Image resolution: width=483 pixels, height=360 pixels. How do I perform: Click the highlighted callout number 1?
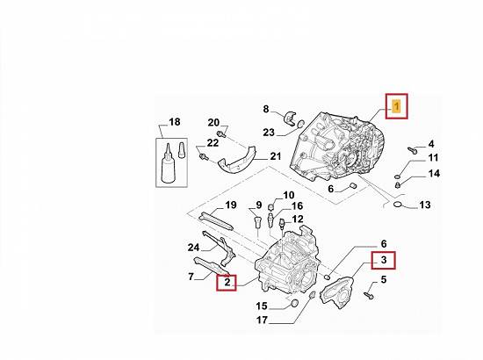coord(396,106)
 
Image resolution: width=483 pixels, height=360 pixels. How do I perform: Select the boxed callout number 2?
coord(227,282)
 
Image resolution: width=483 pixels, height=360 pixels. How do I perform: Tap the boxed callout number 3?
coord(384,260)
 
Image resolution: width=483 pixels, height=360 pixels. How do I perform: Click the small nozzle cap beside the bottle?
coord(182,150)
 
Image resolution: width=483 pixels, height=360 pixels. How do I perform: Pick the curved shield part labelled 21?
coord(237,161)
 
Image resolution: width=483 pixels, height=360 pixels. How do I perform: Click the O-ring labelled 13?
coord(399,205)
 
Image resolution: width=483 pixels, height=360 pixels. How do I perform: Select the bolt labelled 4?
coord(412,150)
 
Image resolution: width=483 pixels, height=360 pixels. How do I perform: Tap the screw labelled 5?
coord(369,296)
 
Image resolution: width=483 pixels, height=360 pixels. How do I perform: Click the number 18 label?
coord(175,122)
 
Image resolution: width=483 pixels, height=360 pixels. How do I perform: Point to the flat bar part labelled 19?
coord(216,221)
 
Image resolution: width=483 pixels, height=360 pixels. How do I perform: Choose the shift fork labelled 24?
coord(220,248)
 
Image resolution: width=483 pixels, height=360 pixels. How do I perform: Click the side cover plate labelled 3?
coord(336,292)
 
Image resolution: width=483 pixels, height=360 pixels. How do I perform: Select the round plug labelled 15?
coord(295,303)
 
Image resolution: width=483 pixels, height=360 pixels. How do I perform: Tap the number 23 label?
coord(269,133)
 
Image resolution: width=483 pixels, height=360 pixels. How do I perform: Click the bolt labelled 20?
coord(220,134)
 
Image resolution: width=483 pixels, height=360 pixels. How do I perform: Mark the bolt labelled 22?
coord(204,157)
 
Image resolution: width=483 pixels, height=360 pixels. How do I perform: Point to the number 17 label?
coord(262,320)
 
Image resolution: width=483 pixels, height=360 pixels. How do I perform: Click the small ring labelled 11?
coord(397,176)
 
